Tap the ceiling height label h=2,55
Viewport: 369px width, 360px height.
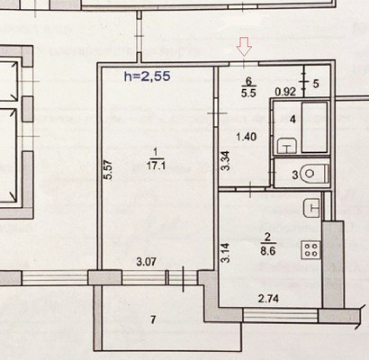148,76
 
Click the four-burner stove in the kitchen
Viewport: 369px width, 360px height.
311,250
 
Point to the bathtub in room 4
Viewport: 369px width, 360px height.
314,127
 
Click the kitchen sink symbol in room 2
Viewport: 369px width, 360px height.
312,208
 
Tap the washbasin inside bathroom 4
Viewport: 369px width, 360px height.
287,146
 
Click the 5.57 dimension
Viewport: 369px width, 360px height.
110,170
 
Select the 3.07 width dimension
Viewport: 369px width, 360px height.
146,262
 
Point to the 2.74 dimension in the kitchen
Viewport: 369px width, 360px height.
269,299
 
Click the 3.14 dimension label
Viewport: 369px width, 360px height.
226,253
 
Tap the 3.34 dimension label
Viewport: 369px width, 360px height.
226,160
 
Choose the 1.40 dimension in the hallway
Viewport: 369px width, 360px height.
247,137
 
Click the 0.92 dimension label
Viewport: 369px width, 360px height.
286,92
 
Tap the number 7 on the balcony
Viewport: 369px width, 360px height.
153,320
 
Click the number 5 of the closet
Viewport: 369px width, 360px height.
316,84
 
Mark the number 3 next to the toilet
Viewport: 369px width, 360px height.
295,175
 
